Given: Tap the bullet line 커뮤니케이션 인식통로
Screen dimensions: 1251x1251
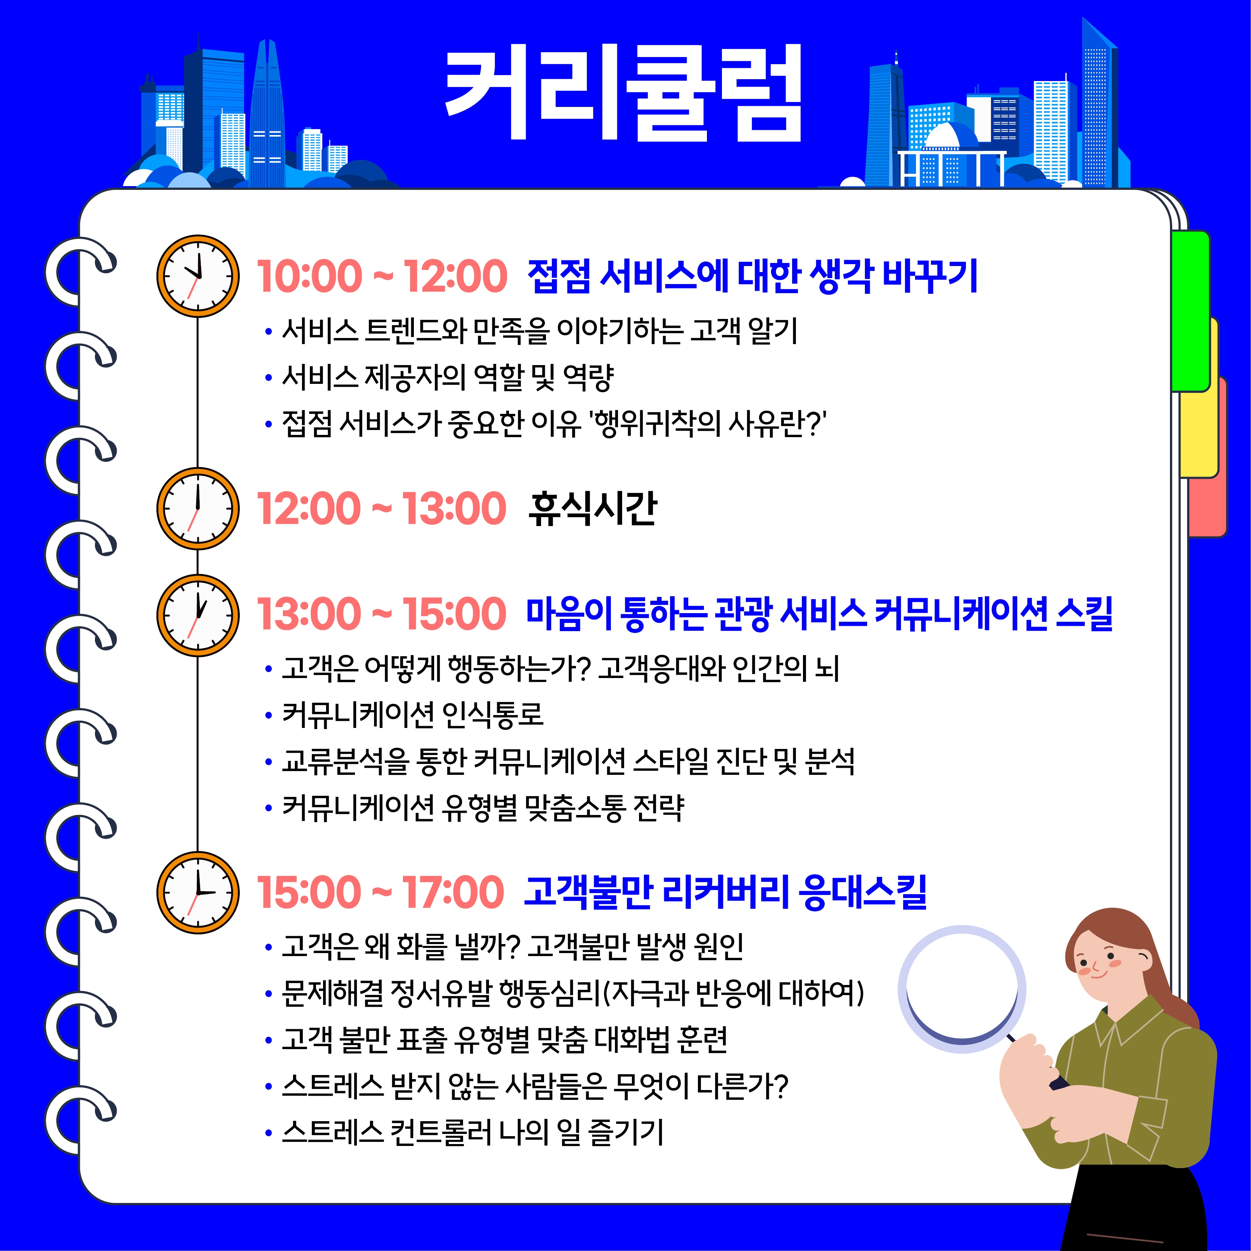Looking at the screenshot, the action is point(412,714).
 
